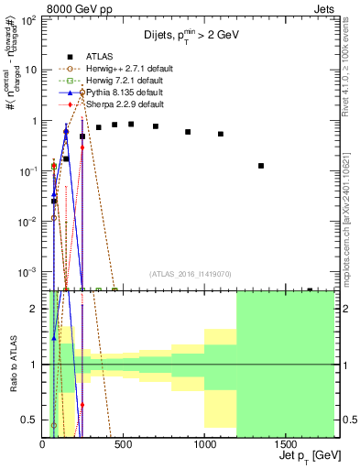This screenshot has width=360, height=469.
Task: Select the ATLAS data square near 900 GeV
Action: point(188,132)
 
